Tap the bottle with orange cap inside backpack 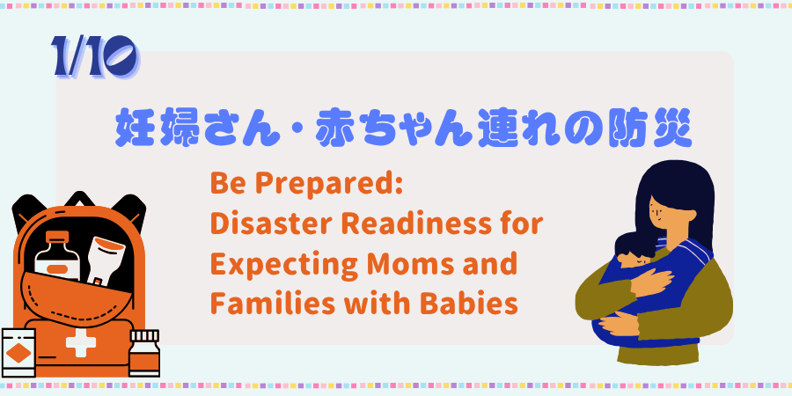tap(56, 257)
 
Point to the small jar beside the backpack tap(144, 353)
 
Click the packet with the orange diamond tap(18, 353)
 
